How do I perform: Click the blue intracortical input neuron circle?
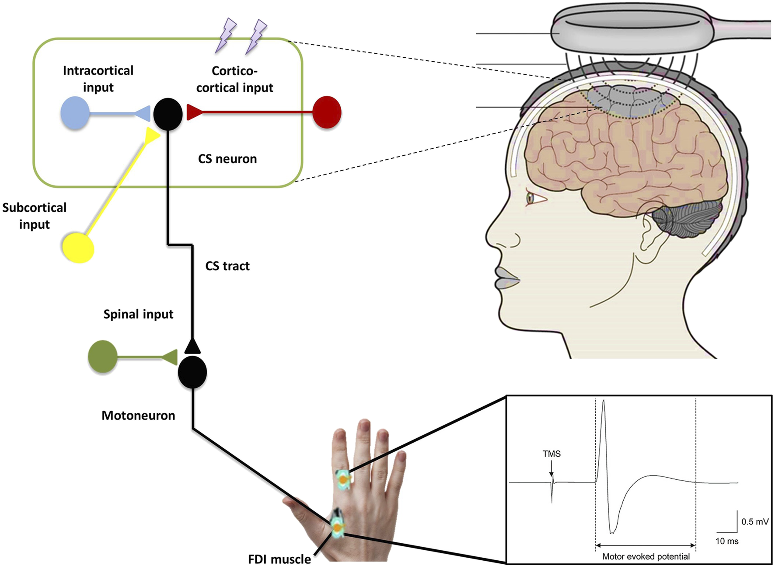click(x=75, y=113)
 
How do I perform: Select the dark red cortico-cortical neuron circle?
click(x=327, y=112)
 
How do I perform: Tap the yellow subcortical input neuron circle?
click(x=78, y=248)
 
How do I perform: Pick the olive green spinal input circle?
click(x=103, y=356)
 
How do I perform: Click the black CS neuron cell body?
click(x=168, y=114)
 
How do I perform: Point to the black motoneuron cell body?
click(x=192, y=372)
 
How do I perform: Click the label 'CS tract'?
click(x=227, y=266)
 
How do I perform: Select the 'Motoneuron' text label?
click(x=138, y=415)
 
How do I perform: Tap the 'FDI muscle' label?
click(x=279, y=559)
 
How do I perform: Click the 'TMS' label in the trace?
click(x=552, y=454)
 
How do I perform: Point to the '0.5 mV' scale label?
click(x=755, y=521)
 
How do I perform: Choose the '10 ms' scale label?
click(x=727, y=541)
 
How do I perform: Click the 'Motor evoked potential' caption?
click(x=646, y=556)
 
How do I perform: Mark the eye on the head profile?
click(x=531, y=199)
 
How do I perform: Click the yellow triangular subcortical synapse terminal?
click(x=152, y=136)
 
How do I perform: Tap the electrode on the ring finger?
click(x=344, y=480)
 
